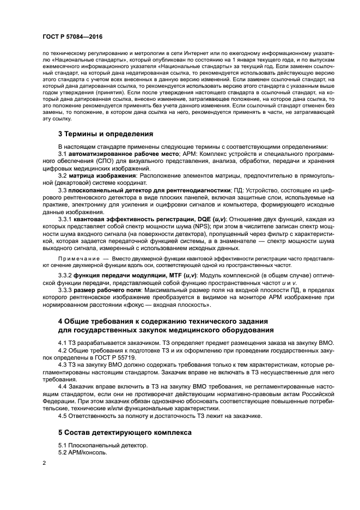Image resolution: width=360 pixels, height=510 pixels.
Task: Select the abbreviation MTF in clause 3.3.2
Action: pyautogui.click(x=170, y=276)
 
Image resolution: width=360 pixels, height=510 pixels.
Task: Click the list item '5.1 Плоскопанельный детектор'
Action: pyautogui.click(x=102, y=445)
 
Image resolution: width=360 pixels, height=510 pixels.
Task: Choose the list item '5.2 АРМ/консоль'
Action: pyautogui.click(x=83, y=453)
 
